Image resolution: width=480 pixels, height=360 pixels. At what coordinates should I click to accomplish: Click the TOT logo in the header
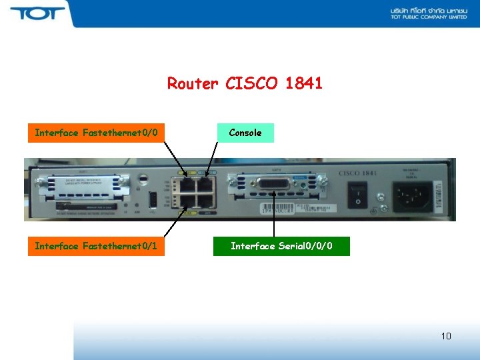(37, 13)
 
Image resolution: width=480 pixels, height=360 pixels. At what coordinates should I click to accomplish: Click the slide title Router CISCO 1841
(245, 83)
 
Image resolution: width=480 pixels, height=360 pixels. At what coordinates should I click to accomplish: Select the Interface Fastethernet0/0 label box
(96, 133)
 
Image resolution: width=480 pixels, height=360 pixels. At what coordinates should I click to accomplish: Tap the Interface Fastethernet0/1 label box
(96, 247)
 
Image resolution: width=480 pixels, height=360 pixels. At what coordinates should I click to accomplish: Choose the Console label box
(245, 133)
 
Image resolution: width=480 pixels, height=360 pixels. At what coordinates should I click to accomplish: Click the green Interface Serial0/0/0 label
(281, 247)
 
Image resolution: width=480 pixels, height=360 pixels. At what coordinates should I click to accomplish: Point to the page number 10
(446, 336)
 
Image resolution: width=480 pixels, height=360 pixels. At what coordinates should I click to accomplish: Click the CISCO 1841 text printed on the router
(358, 174)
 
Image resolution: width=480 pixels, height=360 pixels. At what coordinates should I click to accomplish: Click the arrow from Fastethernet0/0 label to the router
(177, 160)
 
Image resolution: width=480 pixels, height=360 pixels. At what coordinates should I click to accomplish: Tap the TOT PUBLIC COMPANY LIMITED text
(428, 17)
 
